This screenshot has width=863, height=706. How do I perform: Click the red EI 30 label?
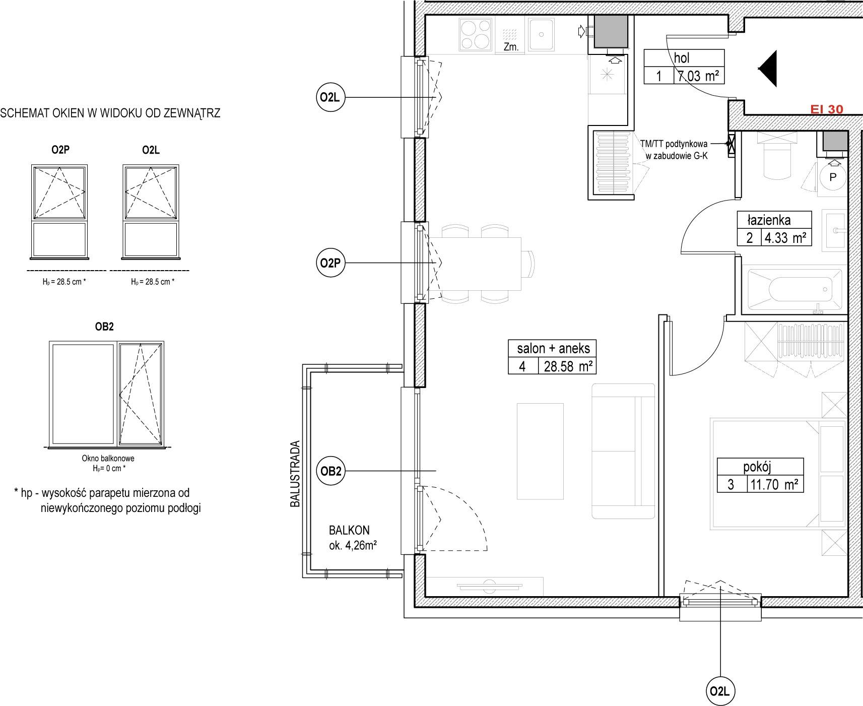(826, 109)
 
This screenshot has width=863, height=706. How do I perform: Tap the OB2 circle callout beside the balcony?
(331, 471)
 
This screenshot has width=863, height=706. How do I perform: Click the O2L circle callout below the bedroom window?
(720, 691)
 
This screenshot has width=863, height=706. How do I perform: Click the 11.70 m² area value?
(775, 484)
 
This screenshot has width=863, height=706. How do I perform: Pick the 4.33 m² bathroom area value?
(786, 237)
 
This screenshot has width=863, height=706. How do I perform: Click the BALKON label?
(349, 530)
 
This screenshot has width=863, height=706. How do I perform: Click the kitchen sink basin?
(542, 35)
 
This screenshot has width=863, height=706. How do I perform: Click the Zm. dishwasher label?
(511, 47)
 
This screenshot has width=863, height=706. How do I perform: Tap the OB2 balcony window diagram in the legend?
(106, 394)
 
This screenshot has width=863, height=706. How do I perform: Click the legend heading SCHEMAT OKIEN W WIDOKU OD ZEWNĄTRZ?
(110, 113)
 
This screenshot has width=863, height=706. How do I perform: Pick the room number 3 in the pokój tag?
(731, 485)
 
